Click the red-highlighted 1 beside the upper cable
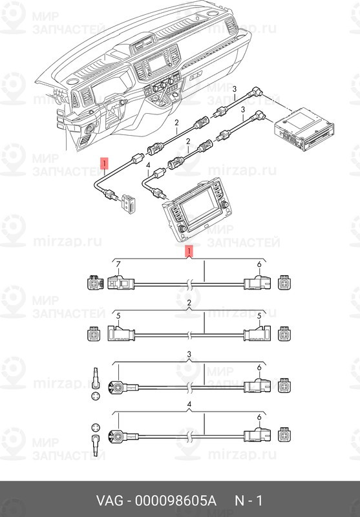[x=104, y=162]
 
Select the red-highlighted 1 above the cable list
[x=188, y=250]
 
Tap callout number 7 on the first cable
[x=118, y=265]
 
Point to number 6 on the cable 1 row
[x=259, y=265]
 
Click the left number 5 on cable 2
[x=118, y=315]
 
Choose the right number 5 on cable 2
[x=259, y=315]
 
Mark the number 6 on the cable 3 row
[x=259, y=368]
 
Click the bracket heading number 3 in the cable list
[x=188, y=355]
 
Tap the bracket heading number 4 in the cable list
[x=188, y=405]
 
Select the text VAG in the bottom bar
[x=110, y=501]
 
